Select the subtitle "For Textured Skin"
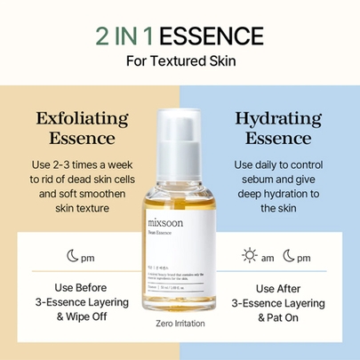pos(180,63)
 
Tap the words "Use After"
pos(276,288)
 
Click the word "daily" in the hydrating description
pos(271,166)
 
